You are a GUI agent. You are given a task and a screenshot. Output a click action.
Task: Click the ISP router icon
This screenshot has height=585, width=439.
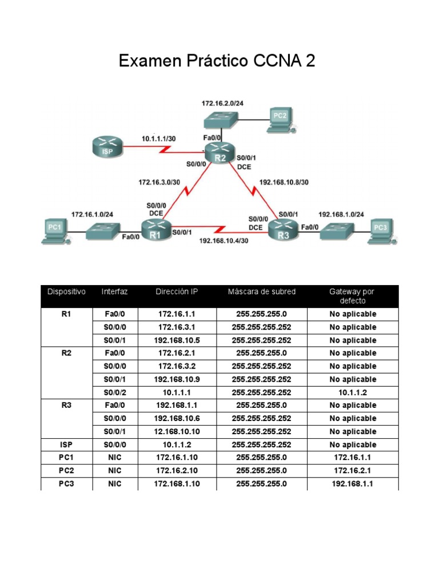(x=107, y=148)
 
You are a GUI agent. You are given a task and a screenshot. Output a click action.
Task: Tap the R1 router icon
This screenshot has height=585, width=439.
(x=156, y=230)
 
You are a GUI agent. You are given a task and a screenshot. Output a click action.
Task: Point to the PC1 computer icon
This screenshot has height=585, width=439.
(x=54, y=231)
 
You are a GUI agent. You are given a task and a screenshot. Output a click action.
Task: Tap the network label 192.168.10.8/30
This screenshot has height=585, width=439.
(x=284, y=183)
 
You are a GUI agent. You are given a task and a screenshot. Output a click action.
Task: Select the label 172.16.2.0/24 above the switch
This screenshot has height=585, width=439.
(x=222, y=103)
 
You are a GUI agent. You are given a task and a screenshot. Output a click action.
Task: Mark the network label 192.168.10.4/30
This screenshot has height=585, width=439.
(x=224, y=241)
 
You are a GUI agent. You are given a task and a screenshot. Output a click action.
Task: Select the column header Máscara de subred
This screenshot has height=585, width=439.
(x=262, y=292)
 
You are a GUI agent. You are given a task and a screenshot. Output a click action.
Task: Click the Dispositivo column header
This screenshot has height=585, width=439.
(x=66, y=292)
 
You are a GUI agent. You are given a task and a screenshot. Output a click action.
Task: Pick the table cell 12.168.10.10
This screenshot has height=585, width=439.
(x=178, y=432)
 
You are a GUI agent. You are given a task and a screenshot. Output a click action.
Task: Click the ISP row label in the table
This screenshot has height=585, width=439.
(x=66, y=445)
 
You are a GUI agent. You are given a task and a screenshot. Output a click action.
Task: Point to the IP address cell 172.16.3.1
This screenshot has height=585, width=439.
(x=178, y=327)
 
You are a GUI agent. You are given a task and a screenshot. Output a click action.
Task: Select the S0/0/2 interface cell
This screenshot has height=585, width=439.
(x=115, y=392)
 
